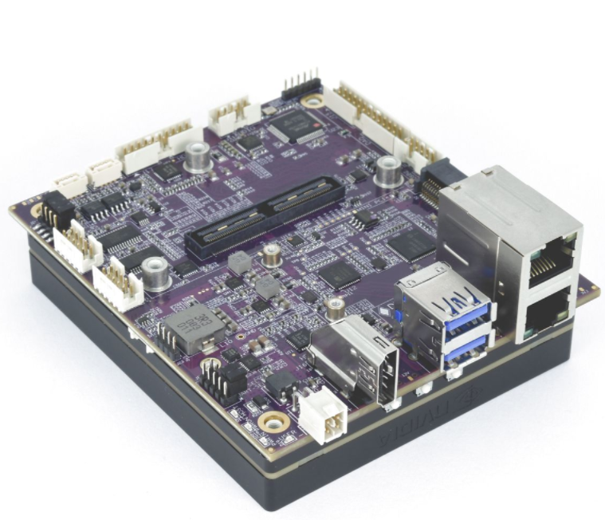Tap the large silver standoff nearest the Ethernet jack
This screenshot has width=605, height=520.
pos(388,171)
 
